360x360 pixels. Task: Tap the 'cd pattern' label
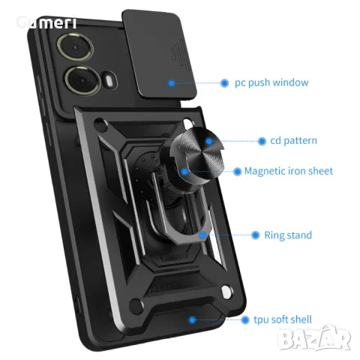[288, 140]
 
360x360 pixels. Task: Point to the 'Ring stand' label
[288, 235]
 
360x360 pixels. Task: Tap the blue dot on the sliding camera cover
[172, 83]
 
